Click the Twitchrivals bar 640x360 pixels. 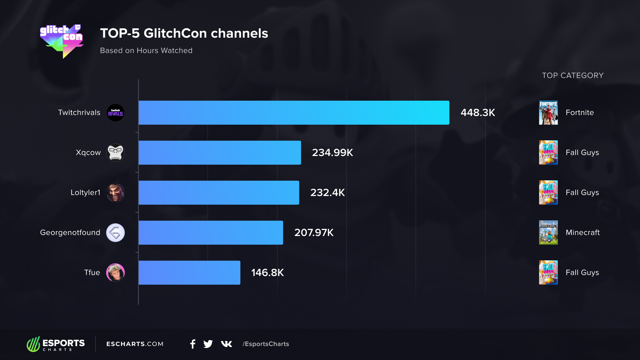[x=294, y=113]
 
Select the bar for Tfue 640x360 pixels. [x=189, y=273]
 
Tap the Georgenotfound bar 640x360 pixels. [x=211, y=233]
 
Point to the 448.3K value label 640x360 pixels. [x=478, y=113]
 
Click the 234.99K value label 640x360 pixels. [x=332, y=153]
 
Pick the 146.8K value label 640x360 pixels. [x=267, y=273]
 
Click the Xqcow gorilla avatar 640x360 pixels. [x=115, y=153]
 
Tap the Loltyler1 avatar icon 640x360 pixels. [x=115, y=193]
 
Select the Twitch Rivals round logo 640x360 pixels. [x=115, y=113]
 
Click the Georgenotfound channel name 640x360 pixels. [x=70, y=233]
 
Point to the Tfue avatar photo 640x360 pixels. [x=115, y=273]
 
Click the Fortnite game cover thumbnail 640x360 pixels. [x=548, y=113]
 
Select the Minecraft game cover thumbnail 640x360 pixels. [x=548, y=233]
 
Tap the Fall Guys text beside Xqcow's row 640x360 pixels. [x=582, y=153]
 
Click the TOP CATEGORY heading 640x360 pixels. [x=573, y=76]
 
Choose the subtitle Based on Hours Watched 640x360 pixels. [x=146, y=51]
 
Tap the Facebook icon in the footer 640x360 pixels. [x=193, y=344]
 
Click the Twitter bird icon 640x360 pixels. [x=208, y=344]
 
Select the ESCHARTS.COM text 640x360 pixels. [x=135, y=344]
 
